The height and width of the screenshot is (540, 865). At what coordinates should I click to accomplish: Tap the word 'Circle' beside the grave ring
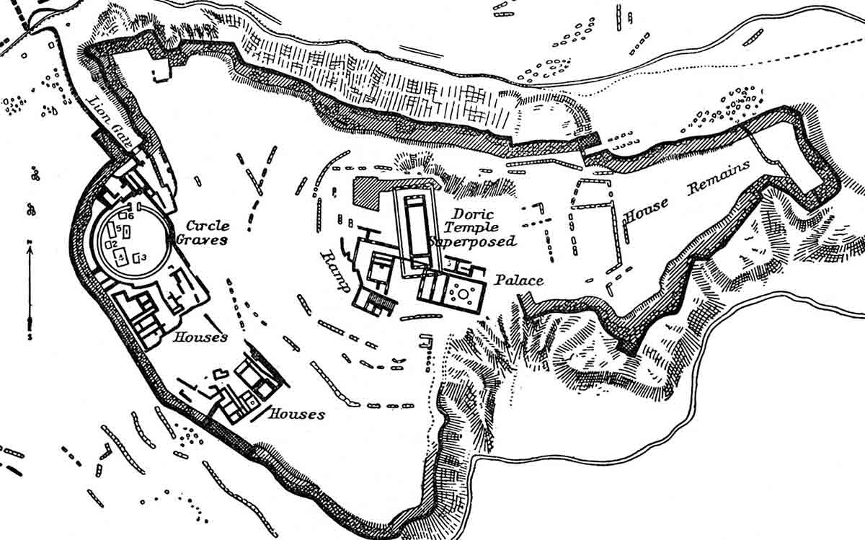[x=208, y=226]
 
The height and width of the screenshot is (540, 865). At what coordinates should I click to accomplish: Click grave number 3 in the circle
[x=143, y=257]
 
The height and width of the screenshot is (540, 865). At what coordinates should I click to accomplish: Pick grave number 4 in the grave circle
[x=123, y=255]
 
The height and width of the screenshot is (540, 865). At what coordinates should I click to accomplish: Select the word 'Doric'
[x=469, y=214]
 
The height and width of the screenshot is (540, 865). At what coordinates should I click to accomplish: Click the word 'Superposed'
[x=473, y=242]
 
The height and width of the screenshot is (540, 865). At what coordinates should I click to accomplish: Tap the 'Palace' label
[x=519, y=280]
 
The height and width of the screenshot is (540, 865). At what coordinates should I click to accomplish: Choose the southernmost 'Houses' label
[x=296, y=415]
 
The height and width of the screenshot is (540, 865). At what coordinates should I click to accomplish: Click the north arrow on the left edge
[x=30, y=288]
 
